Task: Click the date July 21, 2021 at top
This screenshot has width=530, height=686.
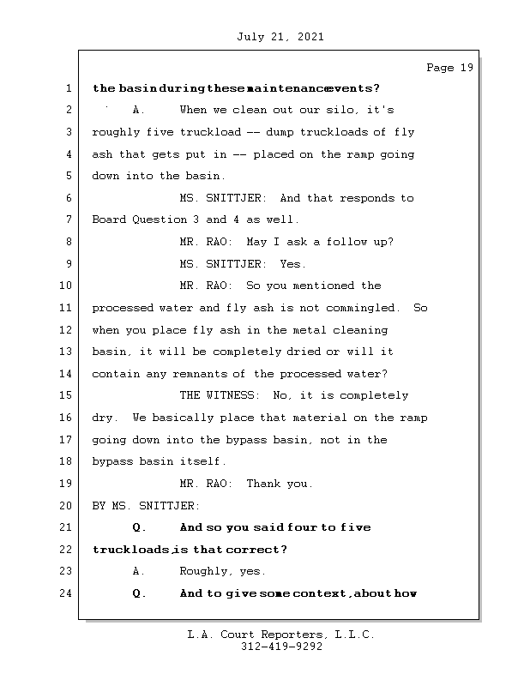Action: pos(279,37)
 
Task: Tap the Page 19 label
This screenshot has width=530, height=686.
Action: pos(449,68)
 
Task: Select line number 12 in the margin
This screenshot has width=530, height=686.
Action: pos(67,330)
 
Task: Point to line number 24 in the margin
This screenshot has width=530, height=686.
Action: pos(67,593)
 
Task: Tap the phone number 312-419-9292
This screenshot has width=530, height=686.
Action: pos(281,647)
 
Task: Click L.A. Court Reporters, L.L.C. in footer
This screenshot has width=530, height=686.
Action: pos(280,635)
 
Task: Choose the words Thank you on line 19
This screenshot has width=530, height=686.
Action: pos(279,484)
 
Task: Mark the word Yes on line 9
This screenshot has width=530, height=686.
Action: pos(292,264)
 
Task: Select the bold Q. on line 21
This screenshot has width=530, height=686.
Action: pos(140,527)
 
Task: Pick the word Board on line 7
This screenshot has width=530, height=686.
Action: pos(109,220)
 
